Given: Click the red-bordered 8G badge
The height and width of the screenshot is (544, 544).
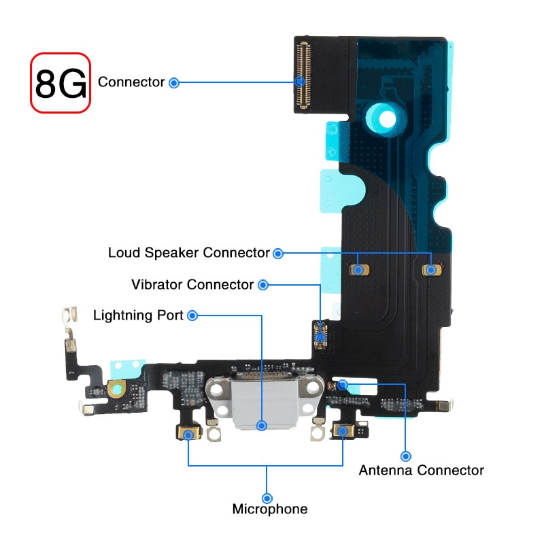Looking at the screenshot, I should pyautogui.click(x=61, y=83).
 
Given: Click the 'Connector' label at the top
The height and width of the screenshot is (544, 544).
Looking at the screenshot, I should pyautogui.click(x=131, y=82).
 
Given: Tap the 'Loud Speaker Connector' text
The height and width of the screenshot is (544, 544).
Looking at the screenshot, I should pyautogui.click(x=189, y=253).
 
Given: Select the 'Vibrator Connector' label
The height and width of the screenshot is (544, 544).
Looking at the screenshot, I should pyautogui.click(x=192, y=284).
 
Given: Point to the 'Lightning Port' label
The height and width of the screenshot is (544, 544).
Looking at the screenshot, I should pyautogui.click(x=138, y=316).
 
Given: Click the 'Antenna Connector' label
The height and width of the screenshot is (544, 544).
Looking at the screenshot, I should pyautogui.click(x=421, y=470).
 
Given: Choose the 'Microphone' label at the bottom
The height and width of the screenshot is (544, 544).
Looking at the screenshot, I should pyautogui.click(x=270, y=509).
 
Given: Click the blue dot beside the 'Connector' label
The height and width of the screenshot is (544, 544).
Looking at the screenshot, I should pyautogui.click(x=174, y=83).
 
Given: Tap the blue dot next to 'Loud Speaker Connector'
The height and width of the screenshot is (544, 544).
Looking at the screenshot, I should pyautogui.click(x=277, y=254).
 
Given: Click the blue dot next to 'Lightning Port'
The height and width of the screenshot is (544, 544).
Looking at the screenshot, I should pyautogui.click(x=192, y=316).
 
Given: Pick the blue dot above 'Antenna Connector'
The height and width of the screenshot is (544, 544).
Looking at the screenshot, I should pyautogui.click(x=406, y=456).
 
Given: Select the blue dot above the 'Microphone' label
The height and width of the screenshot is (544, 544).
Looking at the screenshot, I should pyautogui.click(x=267, y=498).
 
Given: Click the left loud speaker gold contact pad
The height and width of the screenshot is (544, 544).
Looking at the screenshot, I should pyautogui.click(x=358, y=270).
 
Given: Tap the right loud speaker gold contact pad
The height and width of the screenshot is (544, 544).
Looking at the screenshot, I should pyautogui.click(x=430, y=270).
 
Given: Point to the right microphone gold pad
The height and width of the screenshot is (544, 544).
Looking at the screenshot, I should pyautogui.click(x=343, y=431).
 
